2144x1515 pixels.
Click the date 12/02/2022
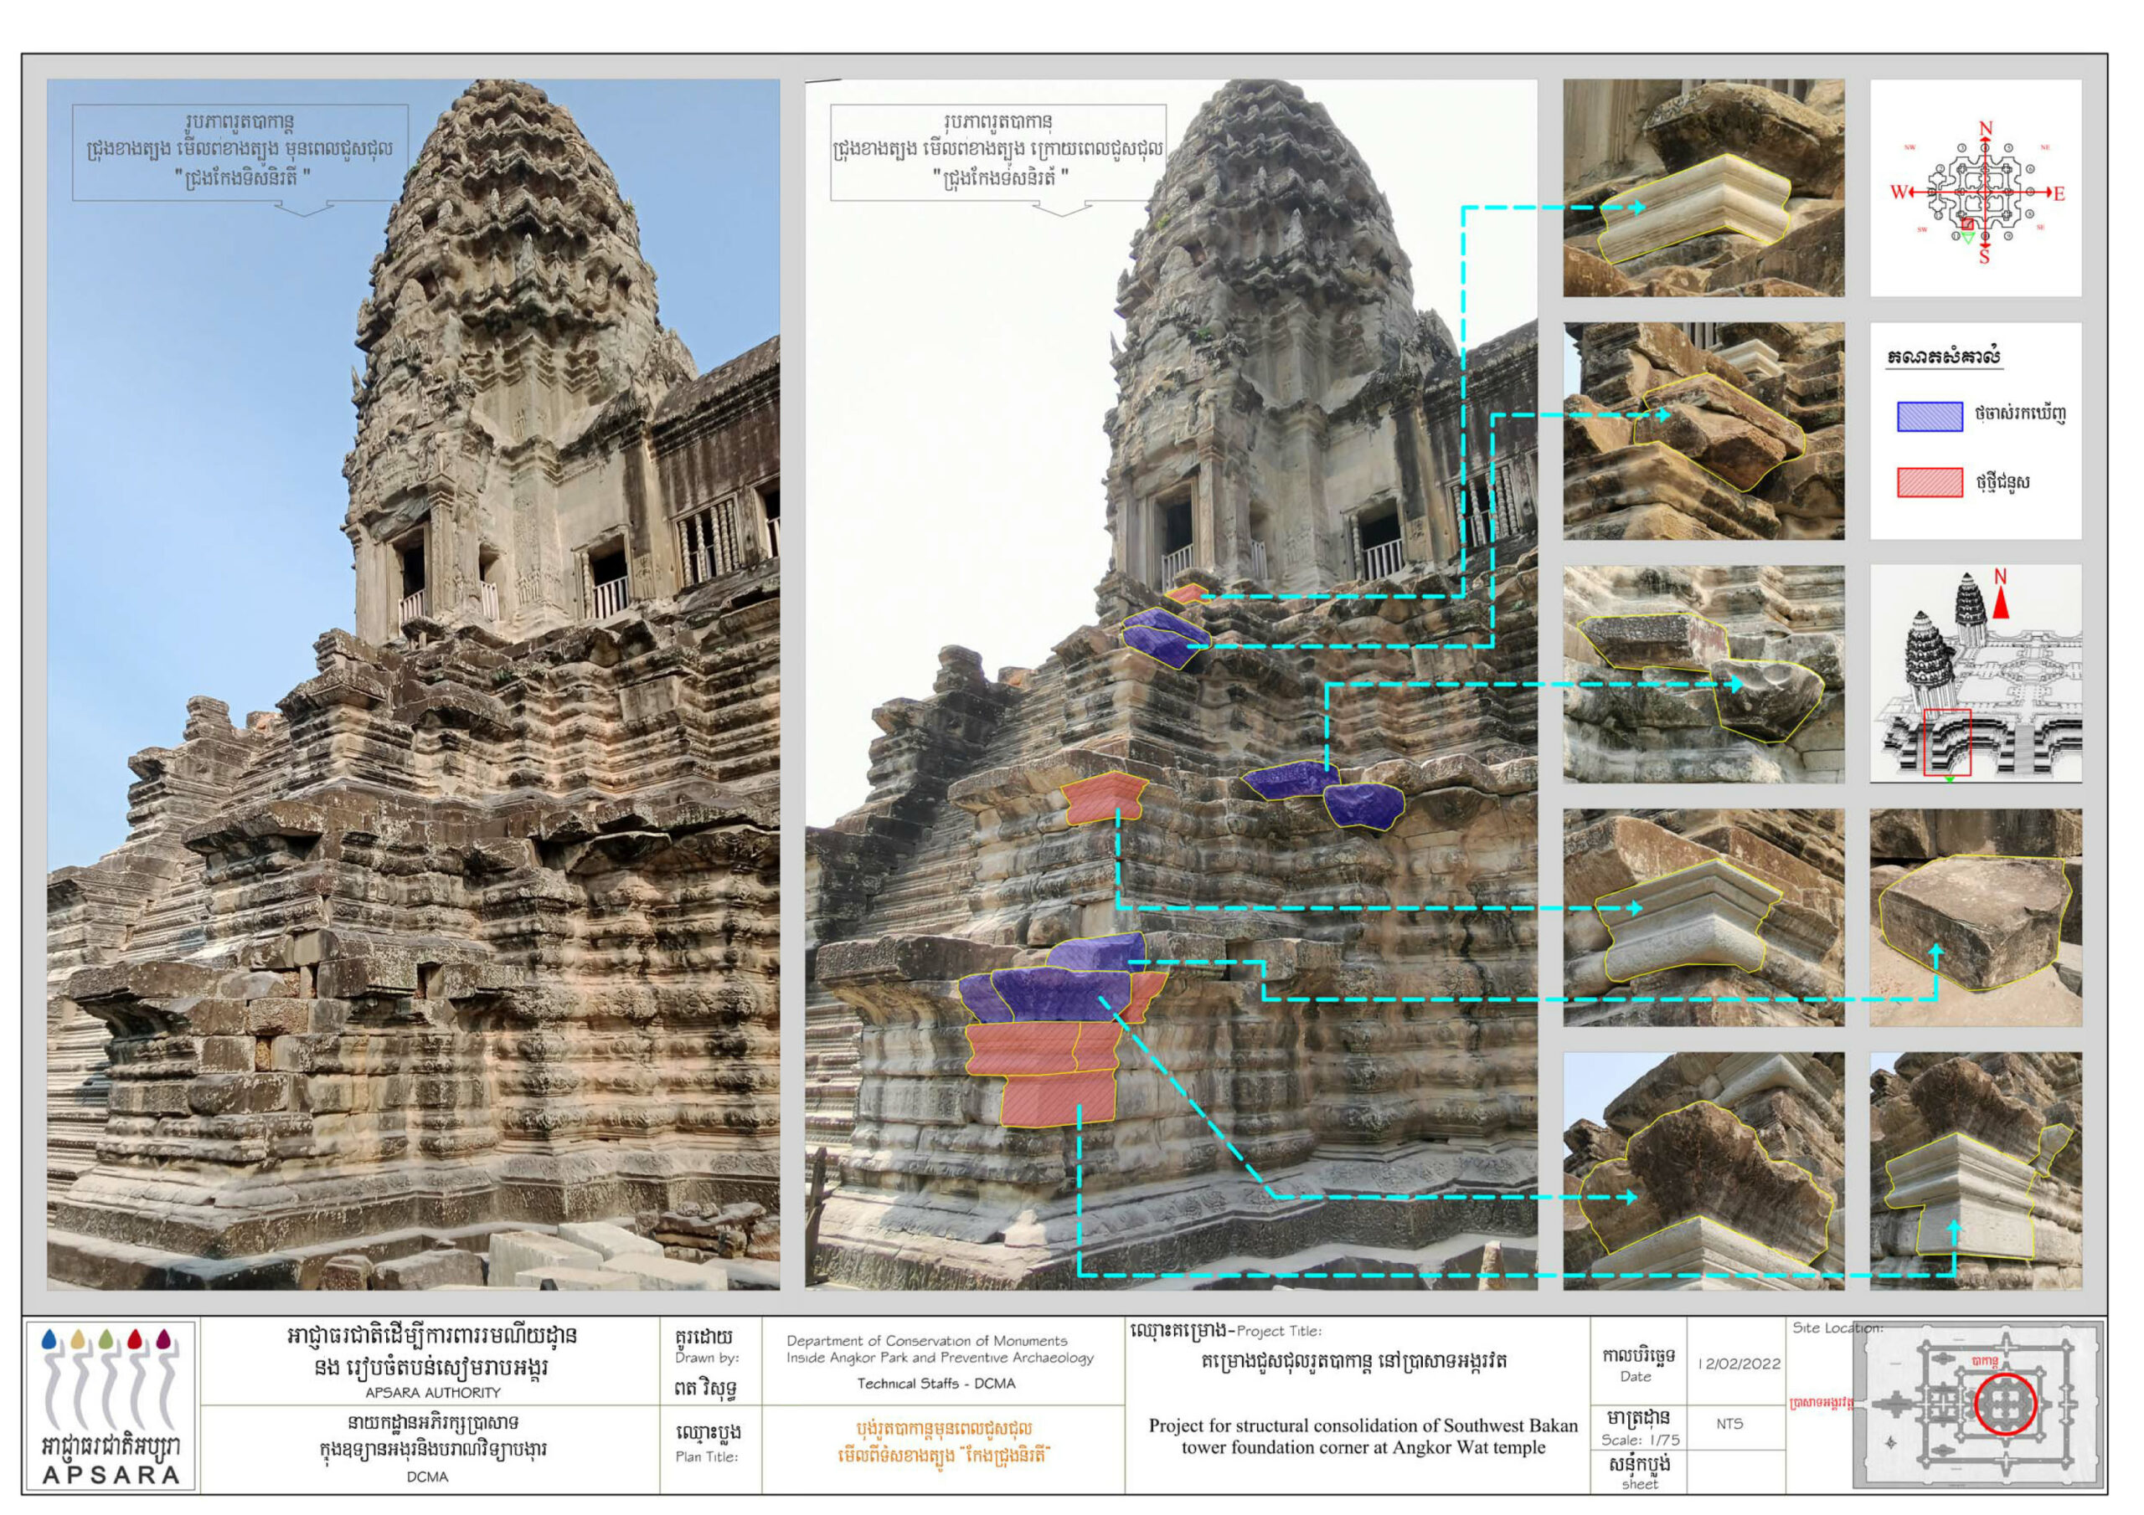(x=1739, y=1363)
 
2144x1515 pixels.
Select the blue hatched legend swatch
(x=1930, y=416)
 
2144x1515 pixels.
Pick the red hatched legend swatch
(x=1930, y=483)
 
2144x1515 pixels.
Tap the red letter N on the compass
(x=1985, y=129)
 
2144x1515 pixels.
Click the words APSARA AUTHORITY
(x=432, y=1392)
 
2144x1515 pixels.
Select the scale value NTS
(x=1729, y=1424)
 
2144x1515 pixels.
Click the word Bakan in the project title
(x=1549, y=1425)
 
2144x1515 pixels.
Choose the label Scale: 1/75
(x=1641, y=1440)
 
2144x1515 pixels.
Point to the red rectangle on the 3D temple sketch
(x=1947, y=742)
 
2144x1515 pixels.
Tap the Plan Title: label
(x=706, y=1456)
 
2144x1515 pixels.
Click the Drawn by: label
(x=706, y=1358)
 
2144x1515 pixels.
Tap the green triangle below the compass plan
(x=1968, y=238)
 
